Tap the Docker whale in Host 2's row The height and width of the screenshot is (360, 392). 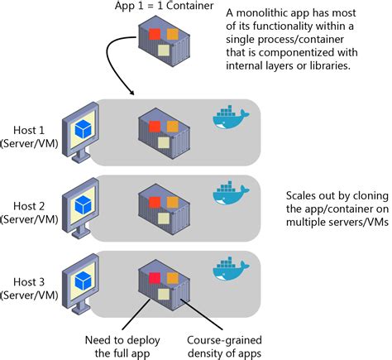[x=231, y=193]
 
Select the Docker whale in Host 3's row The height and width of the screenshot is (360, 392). [x=231, y=269]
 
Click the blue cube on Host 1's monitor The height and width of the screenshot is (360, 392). [x=83, y=129]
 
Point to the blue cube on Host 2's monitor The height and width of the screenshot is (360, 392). [x=83, y=205]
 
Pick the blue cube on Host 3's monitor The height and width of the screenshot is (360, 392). [x=83, y=281]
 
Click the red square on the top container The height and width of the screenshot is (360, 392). [x=155, y=34]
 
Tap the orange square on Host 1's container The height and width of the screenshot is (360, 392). [x=173, y=127]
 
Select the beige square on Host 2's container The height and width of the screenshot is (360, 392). [x=164, y=218]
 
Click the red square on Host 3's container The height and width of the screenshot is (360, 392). [x=155, y=278]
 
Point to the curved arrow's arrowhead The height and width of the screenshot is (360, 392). [x=131, y=93]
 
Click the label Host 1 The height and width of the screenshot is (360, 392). [x=29, y=130]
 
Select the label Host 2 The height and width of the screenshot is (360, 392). [x=29, y=206]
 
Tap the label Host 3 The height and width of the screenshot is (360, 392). [x=29, y=282]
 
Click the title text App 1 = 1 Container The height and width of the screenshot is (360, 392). [x=164, y=6]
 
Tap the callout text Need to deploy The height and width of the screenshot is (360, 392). [x=122, y=340]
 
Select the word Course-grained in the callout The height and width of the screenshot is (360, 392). [x=224, y=340]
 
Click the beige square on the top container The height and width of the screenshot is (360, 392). [x=164, y=50]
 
